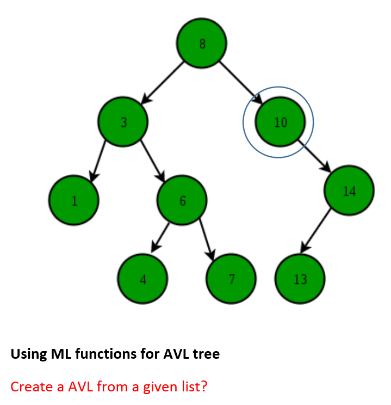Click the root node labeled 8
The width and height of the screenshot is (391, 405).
pos(202,44)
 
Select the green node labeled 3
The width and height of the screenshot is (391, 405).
pos(123,122)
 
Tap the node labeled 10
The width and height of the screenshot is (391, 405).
pos(280,122)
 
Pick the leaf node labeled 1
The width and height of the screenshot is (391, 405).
pos(73,200)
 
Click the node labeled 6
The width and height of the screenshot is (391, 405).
pos(182,200)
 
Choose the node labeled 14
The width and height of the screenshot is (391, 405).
pos(349,190)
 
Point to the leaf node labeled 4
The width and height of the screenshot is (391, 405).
pos(142,279)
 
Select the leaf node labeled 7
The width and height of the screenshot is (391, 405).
pos(231,279)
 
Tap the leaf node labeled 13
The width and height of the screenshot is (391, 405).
pos(300,279)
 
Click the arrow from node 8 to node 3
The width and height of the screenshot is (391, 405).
pos(163,82)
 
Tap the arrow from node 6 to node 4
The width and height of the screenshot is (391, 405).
pos(161,236)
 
